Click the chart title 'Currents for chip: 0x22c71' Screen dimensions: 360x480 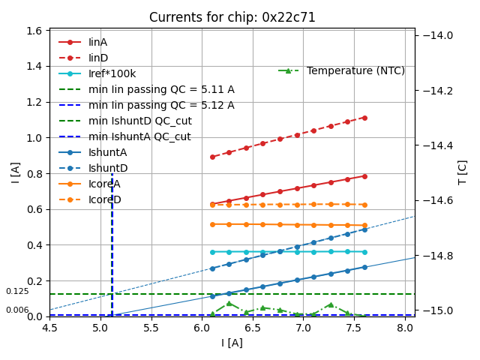tap(232, 17)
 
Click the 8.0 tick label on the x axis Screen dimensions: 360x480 tap(405, 328)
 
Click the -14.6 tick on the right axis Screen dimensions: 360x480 tap(439, 200)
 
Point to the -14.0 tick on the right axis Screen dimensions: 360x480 tap(439, 35)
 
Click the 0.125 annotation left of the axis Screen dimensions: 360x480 tap(17, 291)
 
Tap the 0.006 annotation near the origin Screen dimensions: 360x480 tap(17, 310)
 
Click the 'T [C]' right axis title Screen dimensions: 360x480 tap(463, 172)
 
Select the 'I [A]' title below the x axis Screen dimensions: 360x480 tap(232, 343)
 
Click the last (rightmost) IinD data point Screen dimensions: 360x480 tap(364, 118)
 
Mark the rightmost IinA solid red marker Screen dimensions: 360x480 tap(364, 176)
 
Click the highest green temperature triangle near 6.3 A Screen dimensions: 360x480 tap(229, 303)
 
